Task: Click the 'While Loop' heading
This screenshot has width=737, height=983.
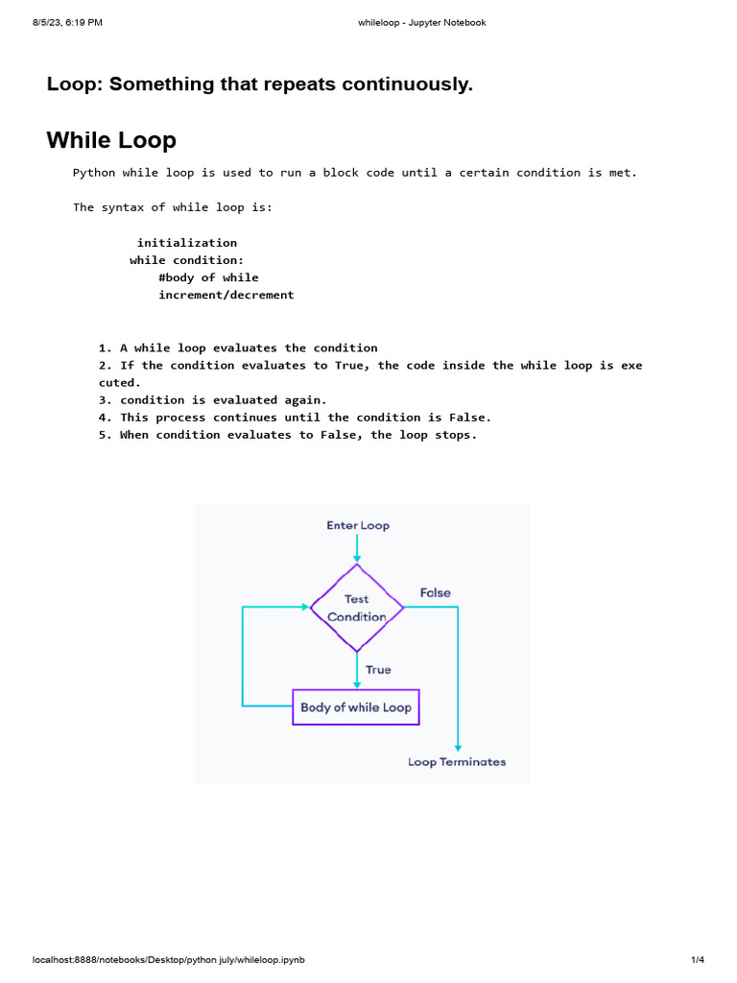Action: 111,140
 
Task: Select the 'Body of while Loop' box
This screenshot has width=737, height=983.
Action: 356,707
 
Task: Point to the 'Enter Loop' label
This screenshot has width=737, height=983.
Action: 358,525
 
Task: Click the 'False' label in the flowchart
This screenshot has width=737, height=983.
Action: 436,592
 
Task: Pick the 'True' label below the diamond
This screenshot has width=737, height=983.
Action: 378,669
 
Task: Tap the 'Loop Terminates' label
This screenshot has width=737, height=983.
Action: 457,761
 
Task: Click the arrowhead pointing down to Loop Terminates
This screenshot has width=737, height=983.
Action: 458,748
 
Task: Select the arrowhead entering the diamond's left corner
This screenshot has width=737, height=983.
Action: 306,607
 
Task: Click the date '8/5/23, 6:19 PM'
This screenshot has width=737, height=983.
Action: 68,23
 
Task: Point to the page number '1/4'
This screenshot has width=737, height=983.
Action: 698,960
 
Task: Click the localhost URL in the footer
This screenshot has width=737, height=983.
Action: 169,960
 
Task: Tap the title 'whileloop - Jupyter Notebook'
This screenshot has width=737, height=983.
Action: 422,23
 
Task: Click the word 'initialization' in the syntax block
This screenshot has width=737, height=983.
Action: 187,243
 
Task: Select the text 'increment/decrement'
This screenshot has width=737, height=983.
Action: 226,295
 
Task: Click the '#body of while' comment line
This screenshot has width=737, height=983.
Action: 208,277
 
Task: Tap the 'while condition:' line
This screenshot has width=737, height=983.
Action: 187,260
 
